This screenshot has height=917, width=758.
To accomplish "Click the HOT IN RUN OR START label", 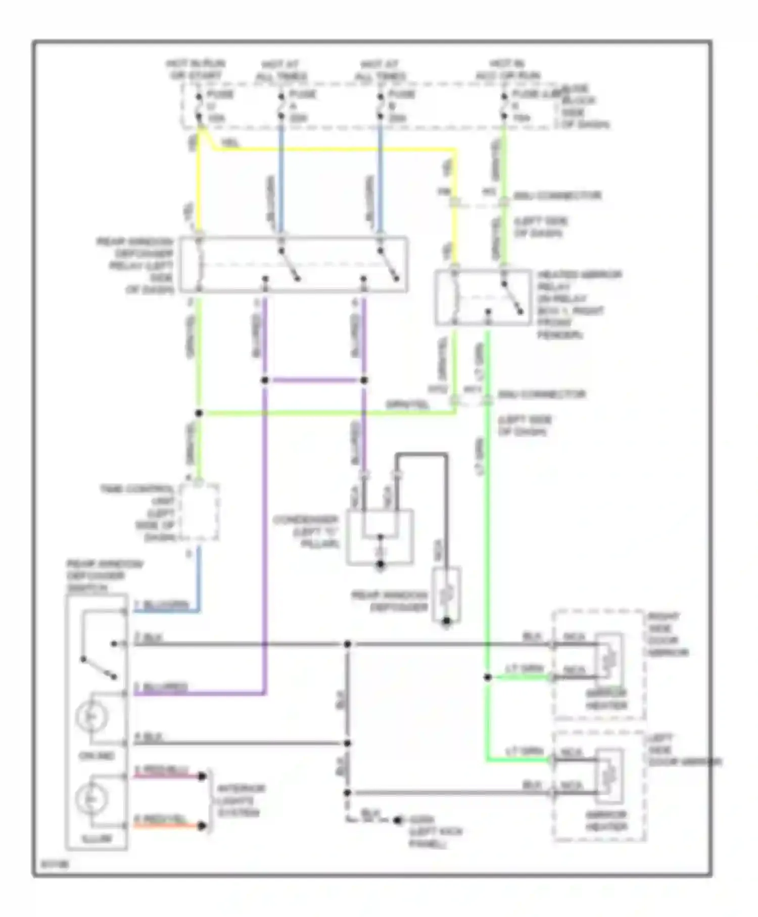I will click(x=195, y=70).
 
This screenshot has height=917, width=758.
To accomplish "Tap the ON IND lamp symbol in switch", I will click(x=91, y=717).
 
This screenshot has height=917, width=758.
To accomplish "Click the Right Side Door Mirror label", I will click(x=669, y=634).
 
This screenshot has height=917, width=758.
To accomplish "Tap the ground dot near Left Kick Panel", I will click(x=398, y=820).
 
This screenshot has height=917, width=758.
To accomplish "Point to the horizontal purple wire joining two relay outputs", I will click(x=314, y=380).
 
